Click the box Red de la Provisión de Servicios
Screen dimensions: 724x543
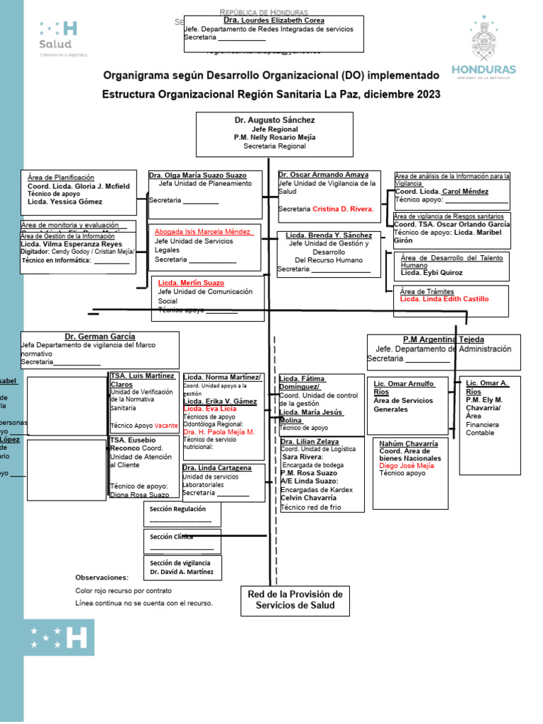tap(295, 600)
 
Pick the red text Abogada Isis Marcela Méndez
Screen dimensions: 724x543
tap(203, 232)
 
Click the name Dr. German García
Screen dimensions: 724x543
tap(100, 337)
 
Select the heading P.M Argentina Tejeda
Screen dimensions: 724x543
tap(443, 340)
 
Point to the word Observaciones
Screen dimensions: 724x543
tap(103, 577)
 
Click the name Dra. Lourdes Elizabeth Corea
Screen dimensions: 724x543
tap(274, 21)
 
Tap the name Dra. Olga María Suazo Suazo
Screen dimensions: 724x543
tap(197, 175)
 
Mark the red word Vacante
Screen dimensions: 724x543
tap(167, 426)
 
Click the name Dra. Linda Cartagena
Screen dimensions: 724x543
tap(217, 468)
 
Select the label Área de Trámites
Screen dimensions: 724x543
tap(427, 291)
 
